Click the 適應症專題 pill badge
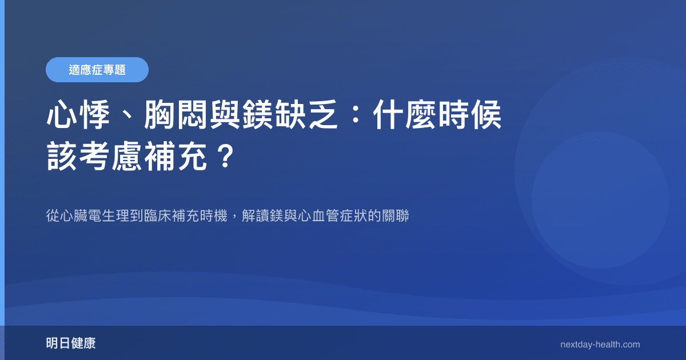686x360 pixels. click(x=97, y=70)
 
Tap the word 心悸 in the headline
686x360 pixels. click(x=78, y=117)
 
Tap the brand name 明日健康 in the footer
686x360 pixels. click(x=71, y=343)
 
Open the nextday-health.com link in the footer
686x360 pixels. click(x=600, y=345)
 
